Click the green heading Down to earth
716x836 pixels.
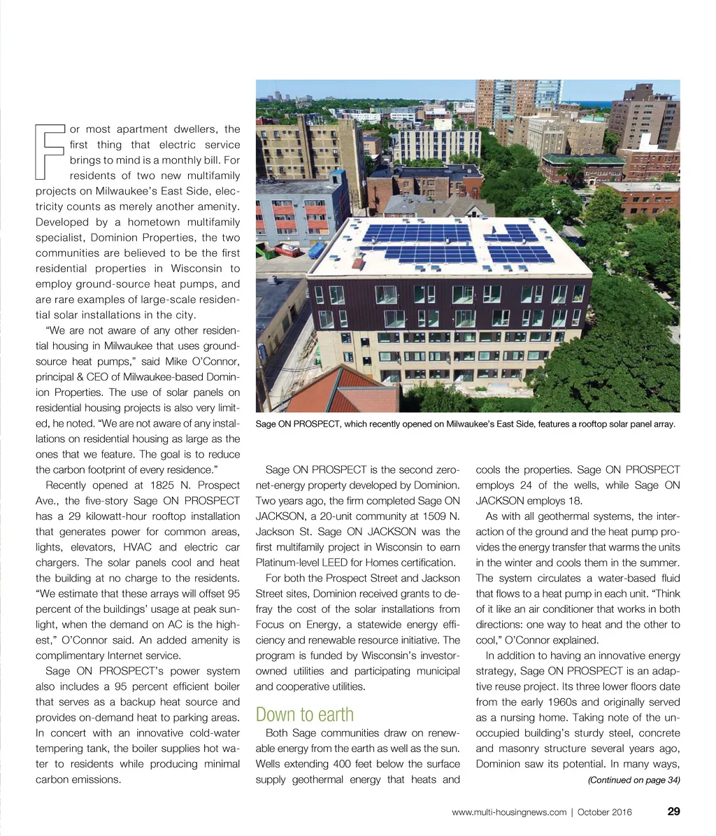(x=304, y=714)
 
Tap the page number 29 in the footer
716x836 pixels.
(x=673, y=812)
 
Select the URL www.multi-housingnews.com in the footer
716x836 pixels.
(x=509, y=812)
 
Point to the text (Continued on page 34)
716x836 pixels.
(x=633, y=780)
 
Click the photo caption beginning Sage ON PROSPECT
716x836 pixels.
(x=465, y=424)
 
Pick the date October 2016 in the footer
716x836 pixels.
(x=604, y=812)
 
